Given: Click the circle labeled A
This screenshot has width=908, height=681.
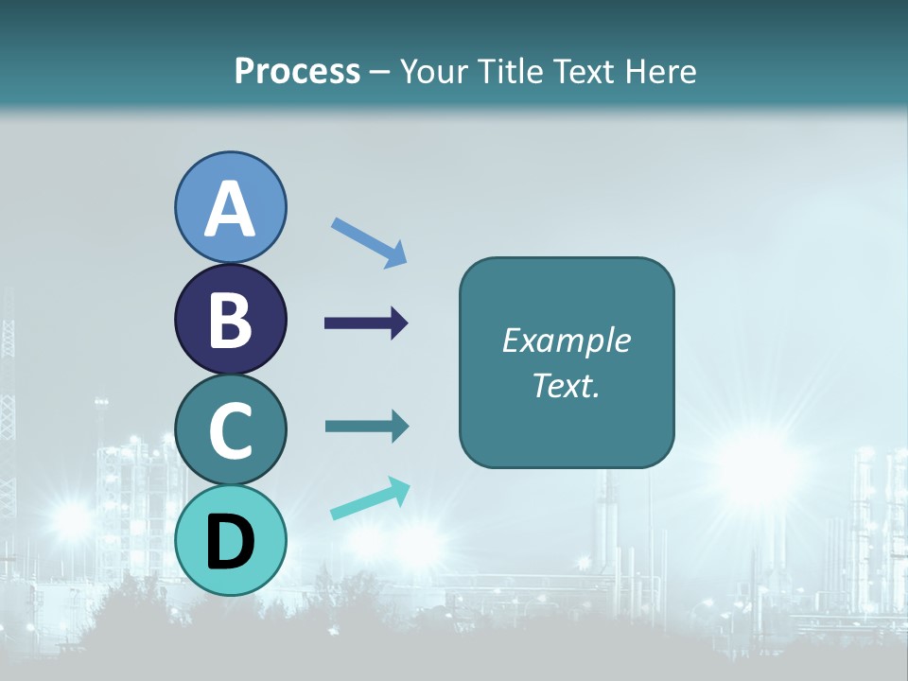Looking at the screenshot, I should [x=231, y=207].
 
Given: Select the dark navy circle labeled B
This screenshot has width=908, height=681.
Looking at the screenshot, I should [x=231, y=319].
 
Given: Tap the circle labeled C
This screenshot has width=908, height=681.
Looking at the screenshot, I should [x=231, y=429].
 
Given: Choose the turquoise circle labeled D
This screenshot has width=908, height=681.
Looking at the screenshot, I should [x=231, y=540].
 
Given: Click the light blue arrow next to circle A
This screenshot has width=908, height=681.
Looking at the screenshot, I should [x=369, y=242].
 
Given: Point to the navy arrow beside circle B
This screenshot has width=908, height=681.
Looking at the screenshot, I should [x=365, y=323].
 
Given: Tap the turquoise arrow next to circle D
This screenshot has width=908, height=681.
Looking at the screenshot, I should [x=370, y=498].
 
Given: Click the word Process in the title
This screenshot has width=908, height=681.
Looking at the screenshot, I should [x=297, y=71].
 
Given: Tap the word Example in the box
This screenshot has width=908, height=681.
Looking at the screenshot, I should [x=566, y=340].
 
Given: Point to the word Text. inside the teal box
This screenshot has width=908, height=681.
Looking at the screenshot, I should [x=566, y=385].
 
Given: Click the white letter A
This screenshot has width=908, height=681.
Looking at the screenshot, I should [x=231, y=209].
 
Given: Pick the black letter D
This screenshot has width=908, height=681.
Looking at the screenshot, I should [x=231, y=542].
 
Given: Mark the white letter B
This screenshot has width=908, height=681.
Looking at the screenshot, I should [x=231, y=320].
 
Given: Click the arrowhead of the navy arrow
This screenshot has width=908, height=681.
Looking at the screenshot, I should [x=399, y=323].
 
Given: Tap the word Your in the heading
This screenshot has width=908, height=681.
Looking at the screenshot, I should [x=433, y=71].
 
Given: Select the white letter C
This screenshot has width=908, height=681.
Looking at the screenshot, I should [x=231, y=430].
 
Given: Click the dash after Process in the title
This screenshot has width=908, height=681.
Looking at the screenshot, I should [x=380, y=73].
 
